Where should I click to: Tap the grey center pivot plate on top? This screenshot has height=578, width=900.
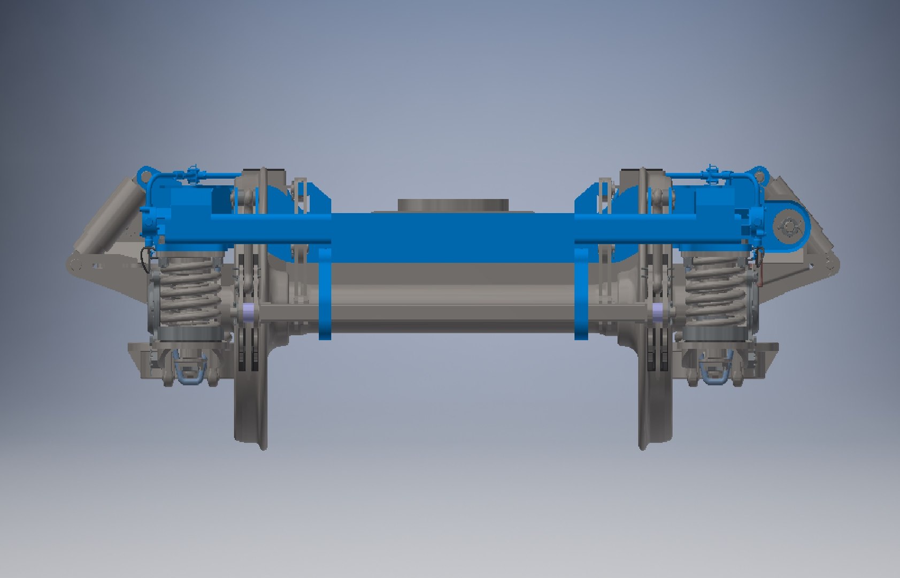(x=452, y=204)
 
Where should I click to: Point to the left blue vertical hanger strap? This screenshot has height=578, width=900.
(x=325, y=294)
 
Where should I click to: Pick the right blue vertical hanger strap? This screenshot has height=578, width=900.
(x=581, y=294)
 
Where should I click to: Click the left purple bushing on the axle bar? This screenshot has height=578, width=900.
(x=248, y=311)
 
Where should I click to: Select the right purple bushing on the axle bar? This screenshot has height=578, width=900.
(x=659, y=311)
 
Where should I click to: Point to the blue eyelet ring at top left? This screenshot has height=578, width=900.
(x=143, y=174)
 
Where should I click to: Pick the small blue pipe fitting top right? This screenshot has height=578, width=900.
(x=711, y=172)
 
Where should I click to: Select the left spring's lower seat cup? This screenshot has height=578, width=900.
(x=187, y=334)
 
